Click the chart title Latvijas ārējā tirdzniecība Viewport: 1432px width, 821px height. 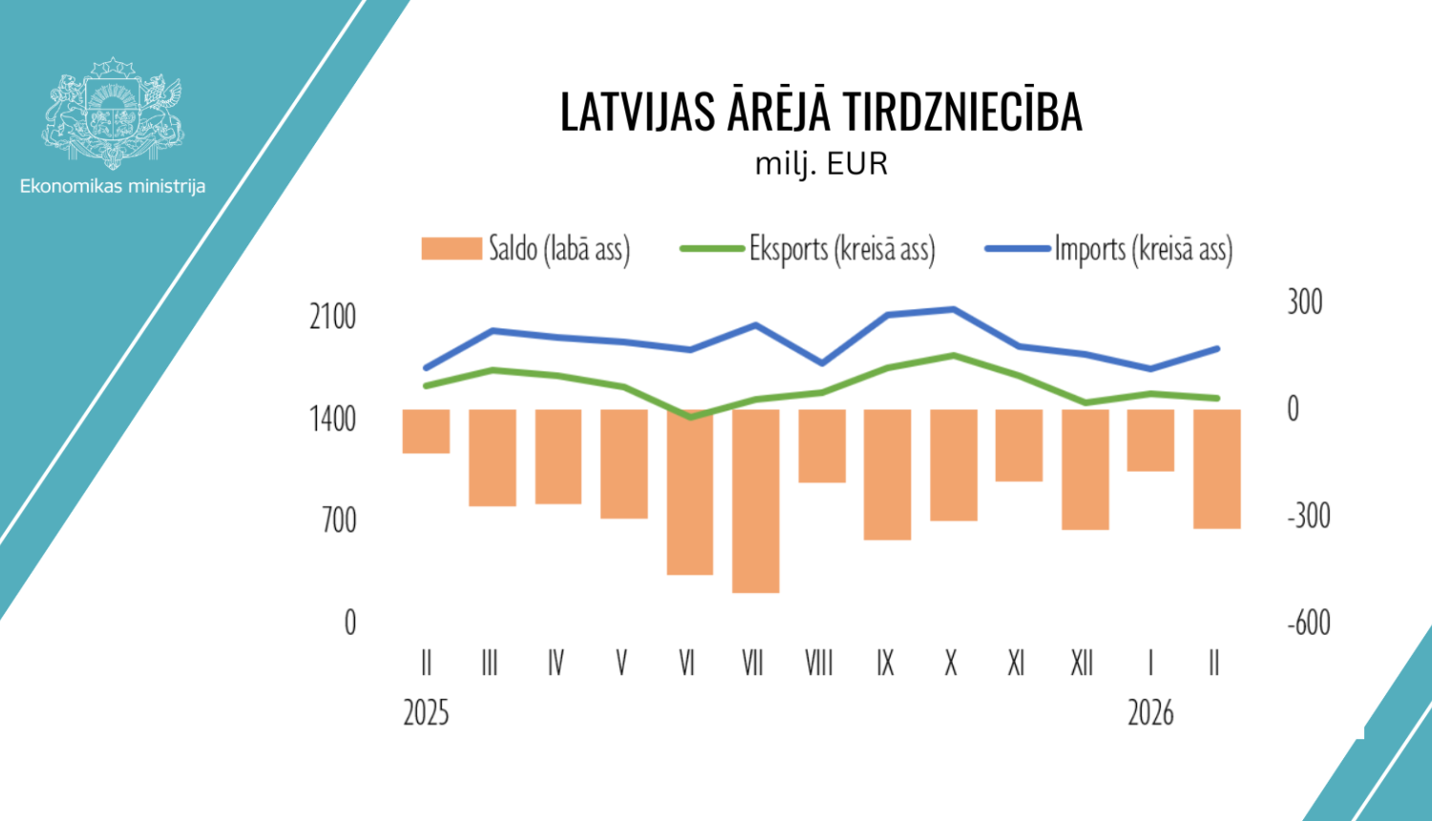821,113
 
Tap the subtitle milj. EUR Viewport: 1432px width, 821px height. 821,164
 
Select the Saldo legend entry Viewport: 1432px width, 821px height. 526,249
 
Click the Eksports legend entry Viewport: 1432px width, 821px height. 808,249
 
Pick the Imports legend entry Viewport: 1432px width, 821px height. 1109,249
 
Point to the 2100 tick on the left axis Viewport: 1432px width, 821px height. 332,317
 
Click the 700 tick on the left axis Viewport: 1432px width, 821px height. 339,520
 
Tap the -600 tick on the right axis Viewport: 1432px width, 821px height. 1308,622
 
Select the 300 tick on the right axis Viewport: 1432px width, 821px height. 1304,303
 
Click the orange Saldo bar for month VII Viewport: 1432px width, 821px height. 755,500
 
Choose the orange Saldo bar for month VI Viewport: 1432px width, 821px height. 689,492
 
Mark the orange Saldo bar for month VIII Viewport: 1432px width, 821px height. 822,446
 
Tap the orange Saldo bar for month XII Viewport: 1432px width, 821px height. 1085,469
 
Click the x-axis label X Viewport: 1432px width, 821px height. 951,663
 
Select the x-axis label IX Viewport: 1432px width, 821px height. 885,663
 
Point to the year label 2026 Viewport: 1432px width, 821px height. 1150,713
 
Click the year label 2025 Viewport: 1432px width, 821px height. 426,713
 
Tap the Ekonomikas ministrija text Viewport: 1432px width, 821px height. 113,186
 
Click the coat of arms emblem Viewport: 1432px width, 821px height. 113,112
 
